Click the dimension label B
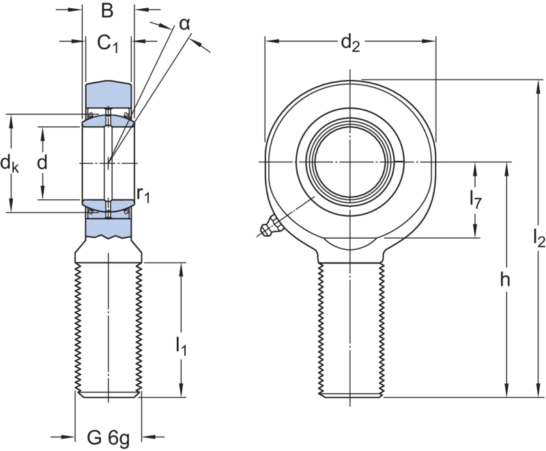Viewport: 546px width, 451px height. (x=106, y=12)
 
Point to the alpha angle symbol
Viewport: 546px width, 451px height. (x=185, y=24)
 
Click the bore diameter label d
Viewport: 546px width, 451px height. (x=42, y=164)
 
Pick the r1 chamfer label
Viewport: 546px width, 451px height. (x=143, y=196)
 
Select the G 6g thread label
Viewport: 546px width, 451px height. (x=109, y=435)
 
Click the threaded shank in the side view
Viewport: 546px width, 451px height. (x=108, y=328)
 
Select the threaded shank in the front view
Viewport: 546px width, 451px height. (x=351, y=328)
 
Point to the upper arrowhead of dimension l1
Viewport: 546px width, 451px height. (x=181, y=268)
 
